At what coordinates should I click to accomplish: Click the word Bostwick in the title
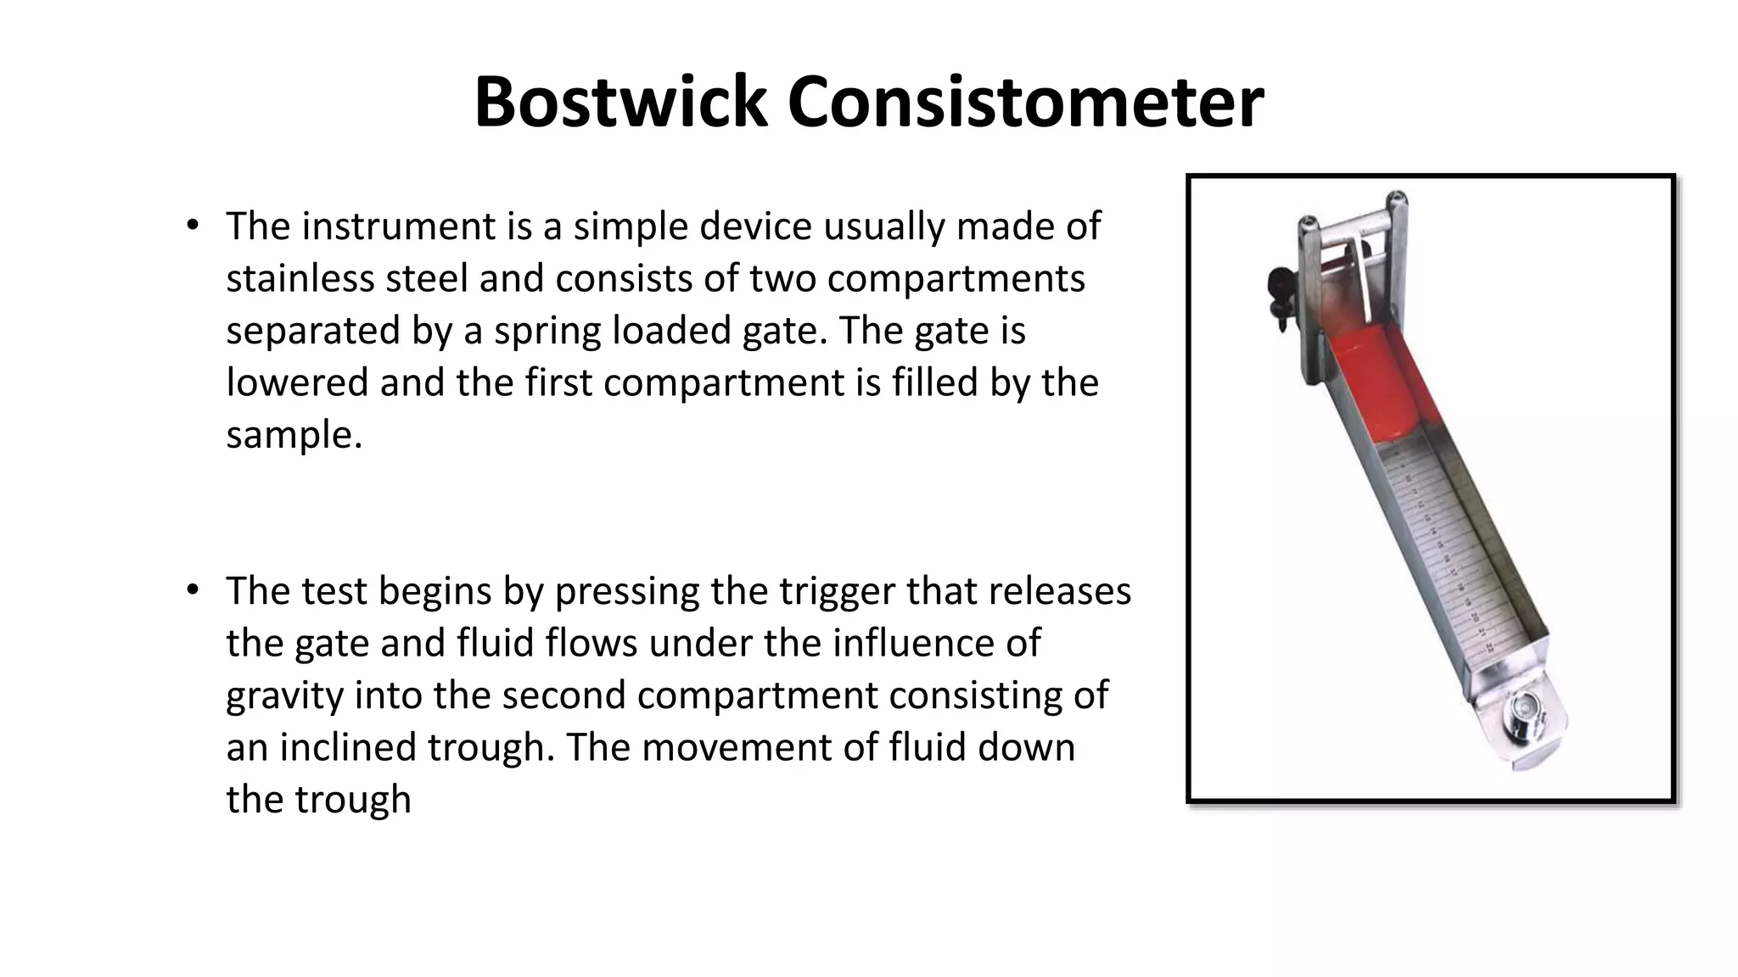click(x=620, y=103)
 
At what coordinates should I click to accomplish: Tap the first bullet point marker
click(x=193, y=225)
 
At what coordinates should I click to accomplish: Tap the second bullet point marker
click(x=193, y=589)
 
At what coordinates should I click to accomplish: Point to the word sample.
click(x=294, y=436)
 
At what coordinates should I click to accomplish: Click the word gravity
click(x=284, y=696)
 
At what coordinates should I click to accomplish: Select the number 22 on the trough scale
click(x=1491, y=648)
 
